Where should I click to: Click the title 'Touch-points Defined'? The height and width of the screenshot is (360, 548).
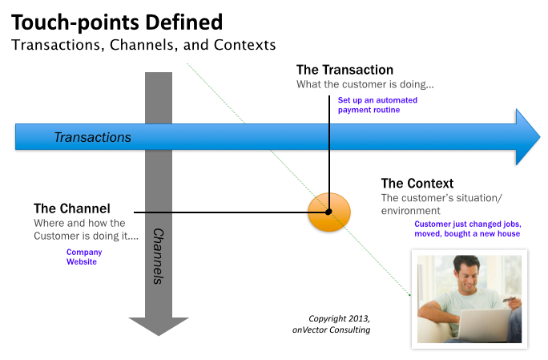click(117, 22)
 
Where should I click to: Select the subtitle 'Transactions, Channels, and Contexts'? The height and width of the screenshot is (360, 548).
click(143, 45)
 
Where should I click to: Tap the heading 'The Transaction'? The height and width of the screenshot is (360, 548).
click(345, 70)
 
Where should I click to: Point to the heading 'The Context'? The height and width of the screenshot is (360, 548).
click(417, 184)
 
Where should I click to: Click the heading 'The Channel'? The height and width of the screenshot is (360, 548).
click(71, 208)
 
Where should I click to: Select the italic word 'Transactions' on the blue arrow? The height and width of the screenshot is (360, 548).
click(93, 137)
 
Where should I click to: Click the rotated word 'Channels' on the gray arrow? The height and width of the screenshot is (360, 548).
click(159, 256)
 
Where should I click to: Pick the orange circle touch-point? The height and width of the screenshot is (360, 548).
click(328, 212)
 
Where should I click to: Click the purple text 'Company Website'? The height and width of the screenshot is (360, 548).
click(84, 257)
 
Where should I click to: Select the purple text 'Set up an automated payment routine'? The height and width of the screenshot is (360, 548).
click(377, 105)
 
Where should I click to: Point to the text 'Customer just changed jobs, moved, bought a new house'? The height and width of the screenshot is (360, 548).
click(468, 229)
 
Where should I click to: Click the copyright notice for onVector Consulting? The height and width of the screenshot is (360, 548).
click(332, 324)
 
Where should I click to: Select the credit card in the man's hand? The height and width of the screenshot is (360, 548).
click(509, 300)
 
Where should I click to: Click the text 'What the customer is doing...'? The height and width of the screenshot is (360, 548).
click(365, 84)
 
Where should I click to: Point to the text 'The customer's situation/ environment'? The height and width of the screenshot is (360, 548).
click(441, 204)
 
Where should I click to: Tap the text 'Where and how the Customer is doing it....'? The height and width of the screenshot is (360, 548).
click(86, 229)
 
